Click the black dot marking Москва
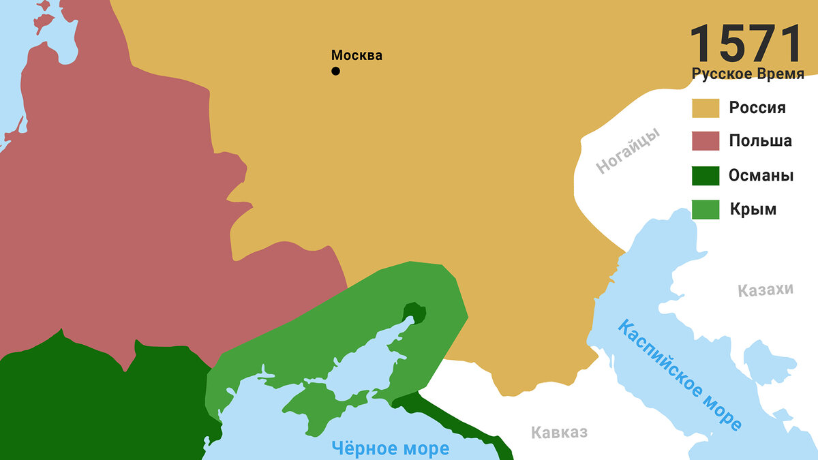335,71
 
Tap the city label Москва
357,55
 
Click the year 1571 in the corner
746,45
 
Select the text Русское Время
748,74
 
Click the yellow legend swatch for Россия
706,108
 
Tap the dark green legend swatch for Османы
706,176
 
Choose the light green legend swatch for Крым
706,209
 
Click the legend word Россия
757,108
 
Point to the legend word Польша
760,141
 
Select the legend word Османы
761,175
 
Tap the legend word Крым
753,209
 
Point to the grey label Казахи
766,290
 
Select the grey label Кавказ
559,432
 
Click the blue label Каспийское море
679,375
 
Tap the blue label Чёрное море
390,448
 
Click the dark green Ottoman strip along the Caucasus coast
464,426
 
